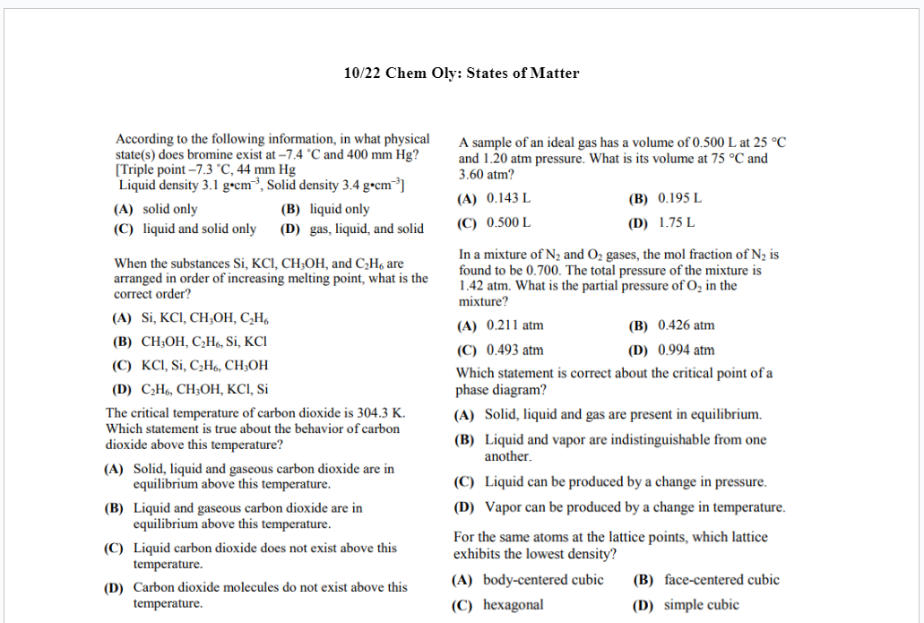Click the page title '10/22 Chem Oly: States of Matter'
462,74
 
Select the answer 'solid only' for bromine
169,210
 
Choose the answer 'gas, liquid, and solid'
367,229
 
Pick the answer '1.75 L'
677,223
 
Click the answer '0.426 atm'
686,325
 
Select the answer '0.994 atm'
686,350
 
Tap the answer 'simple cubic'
701,605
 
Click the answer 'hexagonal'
513,605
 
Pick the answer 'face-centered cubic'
721,580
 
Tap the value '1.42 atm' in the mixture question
483,286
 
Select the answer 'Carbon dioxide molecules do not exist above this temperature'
270,595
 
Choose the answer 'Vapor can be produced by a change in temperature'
635,507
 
